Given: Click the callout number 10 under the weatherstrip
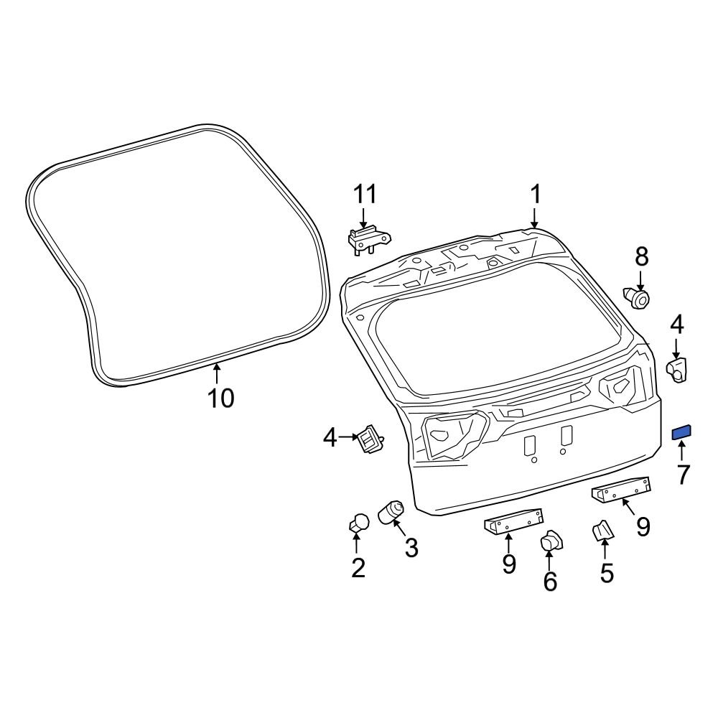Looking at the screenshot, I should tap(221, 398).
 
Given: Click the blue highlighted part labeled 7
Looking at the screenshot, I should tap(681, 432).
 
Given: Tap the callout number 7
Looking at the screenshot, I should tap(682, 474).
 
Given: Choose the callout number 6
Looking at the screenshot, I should tap(550, 582).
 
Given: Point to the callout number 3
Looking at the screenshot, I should tap(411, 549).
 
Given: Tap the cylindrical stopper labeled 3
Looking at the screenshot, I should tap(393, 513).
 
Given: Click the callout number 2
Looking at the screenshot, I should tap(358, 569).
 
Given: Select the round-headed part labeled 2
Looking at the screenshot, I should tap(359, 524).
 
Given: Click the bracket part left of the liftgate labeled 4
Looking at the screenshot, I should tap(370, 437).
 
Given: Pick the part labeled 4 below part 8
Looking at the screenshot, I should tap(678, 370).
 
